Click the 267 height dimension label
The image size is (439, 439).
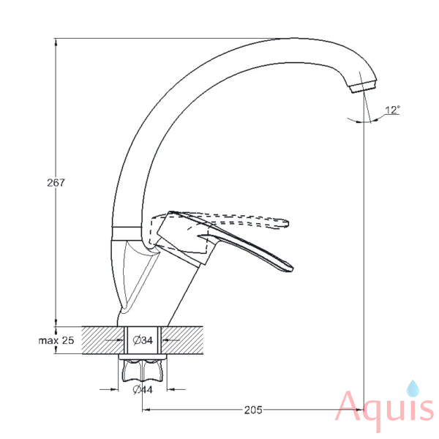click(x=56, y=182)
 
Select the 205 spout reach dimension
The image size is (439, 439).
click(x=253, y=410)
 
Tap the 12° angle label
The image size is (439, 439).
click(x=392, y=110)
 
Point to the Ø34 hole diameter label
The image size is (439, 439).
click(x=143, y=340)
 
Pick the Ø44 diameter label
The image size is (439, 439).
click(x=143, y=389)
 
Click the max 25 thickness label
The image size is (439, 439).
click(x=56, y=340)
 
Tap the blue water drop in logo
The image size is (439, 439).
click(x=413, y=389)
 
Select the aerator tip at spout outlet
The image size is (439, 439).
click(x=363, y=86)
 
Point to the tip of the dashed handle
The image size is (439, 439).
click(x=288, y=223)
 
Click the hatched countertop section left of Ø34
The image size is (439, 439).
click(x=102, y=340)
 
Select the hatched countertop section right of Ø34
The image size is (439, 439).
click(x=182, y=340)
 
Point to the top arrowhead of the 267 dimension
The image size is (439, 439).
click(x=56, y=42)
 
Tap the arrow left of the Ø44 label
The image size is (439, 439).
click(x=109, y=389)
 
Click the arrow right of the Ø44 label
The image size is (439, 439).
click(x=176, y=389)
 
